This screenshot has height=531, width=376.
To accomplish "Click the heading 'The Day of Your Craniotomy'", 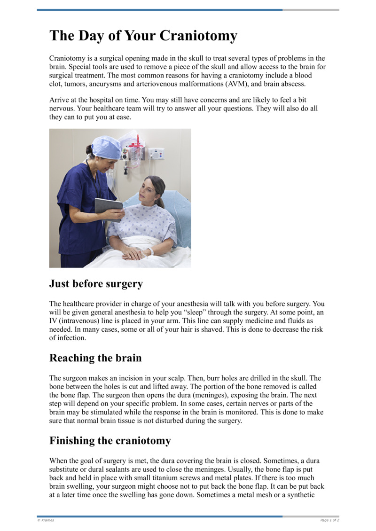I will (143, 36).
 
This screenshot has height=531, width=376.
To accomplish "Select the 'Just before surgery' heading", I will (96, 284).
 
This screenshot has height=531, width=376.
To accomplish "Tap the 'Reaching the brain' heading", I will (95, 358).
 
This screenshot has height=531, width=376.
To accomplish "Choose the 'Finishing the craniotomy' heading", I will (110, 441).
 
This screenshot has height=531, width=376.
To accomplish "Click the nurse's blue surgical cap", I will (106, 146).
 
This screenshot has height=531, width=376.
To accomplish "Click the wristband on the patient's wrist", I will (151, 252).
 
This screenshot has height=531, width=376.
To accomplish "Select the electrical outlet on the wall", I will (157, 153).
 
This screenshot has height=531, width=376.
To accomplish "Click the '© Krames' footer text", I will (45, 520).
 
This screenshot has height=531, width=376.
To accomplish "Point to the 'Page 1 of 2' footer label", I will (329, 520).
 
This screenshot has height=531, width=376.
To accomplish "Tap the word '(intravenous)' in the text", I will (78, 321).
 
